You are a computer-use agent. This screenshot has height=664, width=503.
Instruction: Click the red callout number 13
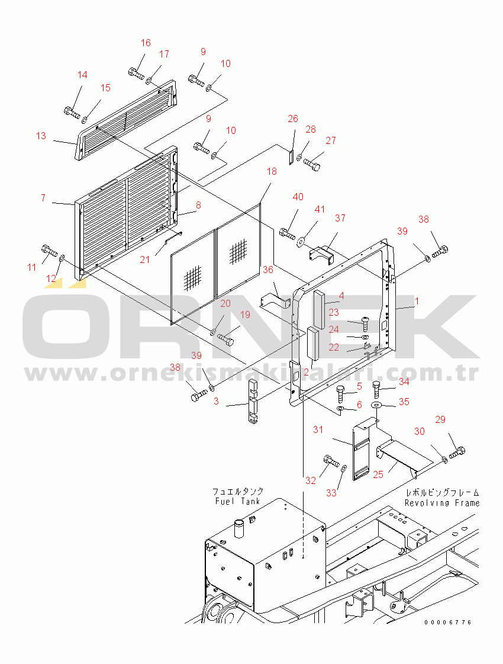(41, 136)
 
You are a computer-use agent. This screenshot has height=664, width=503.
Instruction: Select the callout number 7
(43, 198)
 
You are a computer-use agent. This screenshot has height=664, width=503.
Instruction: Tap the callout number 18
(271, 172)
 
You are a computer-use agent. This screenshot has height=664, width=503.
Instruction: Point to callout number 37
(340, 218)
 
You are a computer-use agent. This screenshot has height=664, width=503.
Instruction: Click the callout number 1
(417, 301)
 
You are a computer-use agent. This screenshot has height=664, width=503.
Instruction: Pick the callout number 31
(318, 429)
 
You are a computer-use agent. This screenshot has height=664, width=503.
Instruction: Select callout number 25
(378, 474)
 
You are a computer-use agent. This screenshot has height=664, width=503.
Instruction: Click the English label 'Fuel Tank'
(238, 501)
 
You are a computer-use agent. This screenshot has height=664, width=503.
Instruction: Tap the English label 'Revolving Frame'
(442, 503)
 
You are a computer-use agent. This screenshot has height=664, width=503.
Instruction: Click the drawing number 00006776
(447, 623)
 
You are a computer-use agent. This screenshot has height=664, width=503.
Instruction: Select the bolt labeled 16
(136, 75)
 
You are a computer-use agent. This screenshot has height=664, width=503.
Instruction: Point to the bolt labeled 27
(311, 164)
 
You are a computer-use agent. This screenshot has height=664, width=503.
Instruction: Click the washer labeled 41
(301, 240)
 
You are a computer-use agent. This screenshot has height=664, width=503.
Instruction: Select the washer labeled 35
(377, 405)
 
